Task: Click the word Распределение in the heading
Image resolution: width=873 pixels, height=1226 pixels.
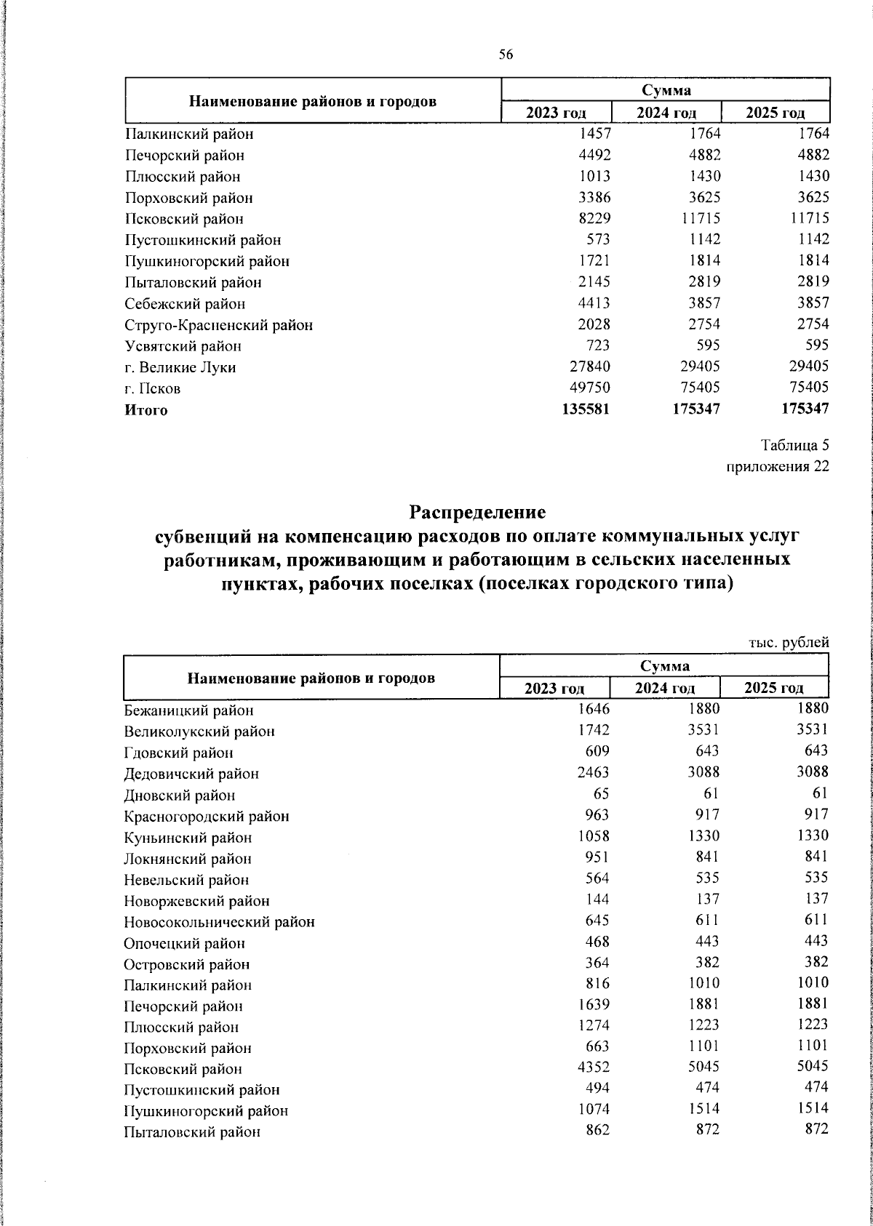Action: tap(477, 512)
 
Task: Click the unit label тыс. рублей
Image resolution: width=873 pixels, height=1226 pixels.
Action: tap(789, 642)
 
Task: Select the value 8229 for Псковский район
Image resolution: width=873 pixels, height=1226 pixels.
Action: tap(593, 218)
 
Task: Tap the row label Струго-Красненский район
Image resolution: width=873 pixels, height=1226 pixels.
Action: tap(218, 325)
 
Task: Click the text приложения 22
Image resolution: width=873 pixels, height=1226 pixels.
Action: tap(778, 466)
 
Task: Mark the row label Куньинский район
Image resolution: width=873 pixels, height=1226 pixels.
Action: tap(188, 837)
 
